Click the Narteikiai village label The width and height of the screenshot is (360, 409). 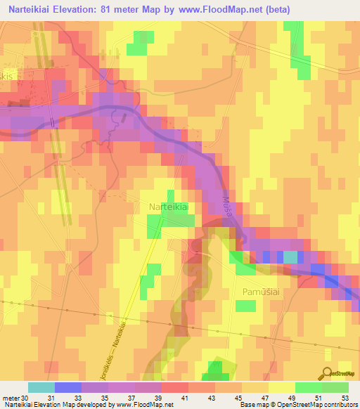(167, 207)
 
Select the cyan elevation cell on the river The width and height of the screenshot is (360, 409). (290, 257)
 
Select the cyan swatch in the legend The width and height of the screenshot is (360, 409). (41, 387)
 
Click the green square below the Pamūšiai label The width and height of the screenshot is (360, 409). (245, 306)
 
